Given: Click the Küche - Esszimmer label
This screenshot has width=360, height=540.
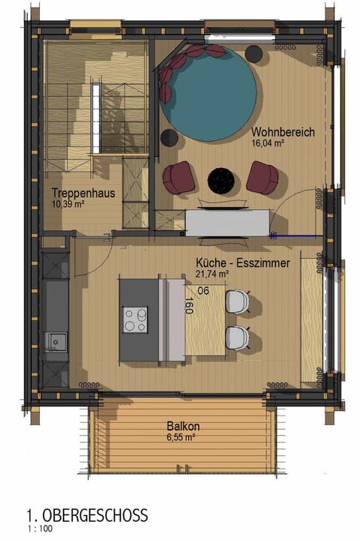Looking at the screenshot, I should tap(236, 265).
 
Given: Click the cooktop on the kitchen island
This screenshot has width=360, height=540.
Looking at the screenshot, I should tap(136, 319).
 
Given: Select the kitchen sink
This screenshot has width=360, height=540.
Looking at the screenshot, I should tap(55, 342).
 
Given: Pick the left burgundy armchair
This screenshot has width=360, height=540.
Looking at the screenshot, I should tap(179, 177).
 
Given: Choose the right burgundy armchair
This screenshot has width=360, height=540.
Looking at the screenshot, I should tap(262, 177).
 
